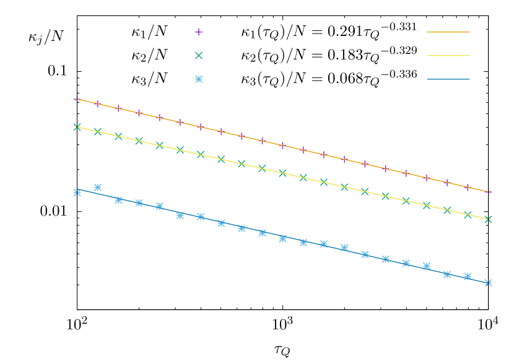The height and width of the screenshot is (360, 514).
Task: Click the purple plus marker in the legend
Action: [x=199, y=32]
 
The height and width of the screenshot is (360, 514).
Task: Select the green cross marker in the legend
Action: [x=199, y=56]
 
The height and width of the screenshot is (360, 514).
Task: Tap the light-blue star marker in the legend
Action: [x=199, y=79]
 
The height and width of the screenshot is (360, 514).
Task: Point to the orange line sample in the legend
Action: [x=448, y=32]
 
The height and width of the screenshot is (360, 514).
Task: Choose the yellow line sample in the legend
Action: [x=448, y=56]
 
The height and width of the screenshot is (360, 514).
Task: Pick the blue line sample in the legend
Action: [x=448, y=79]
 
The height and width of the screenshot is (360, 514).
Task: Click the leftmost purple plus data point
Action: [x=77, y=99]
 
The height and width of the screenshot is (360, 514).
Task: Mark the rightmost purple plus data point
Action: [x=489, y=192]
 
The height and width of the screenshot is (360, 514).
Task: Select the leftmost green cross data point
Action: [x=77, y=127]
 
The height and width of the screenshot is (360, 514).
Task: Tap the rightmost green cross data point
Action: [x=489, y=219]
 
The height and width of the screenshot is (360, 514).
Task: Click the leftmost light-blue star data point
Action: [x=77, y=193]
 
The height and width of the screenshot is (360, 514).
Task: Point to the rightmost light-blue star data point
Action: [x=489, y=283]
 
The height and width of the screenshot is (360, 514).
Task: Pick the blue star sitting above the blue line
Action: [x=98, y=187]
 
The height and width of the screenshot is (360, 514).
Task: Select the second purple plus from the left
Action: [x=98, y=104]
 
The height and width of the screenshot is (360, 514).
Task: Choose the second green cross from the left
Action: [x=98, y=131]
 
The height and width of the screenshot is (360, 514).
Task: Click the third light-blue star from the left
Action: [x=118, y=200]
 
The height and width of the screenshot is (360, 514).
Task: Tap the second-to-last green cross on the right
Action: [x=468, y=215]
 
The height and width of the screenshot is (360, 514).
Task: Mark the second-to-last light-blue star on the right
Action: [x=468, y=276]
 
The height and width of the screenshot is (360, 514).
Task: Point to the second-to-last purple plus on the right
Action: [x=468, y=187]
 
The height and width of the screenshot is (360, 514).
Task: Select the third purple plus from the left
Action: [x=118, y=108]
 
